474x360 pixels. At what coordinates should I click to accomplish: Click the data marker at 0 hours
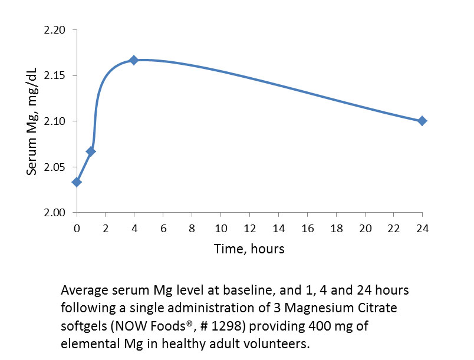tap(77, 182)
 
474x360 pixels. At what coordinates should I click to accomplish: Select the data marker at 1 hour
tap(91, 151)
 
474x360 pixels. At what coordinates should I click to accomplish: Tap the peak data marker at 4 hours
tap(134, 60)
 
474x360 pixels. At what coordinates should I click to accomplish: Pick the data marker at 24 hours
tap(422, 121)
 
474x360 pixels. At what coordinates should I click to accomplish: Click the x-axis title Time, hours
tap(249, 249)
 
